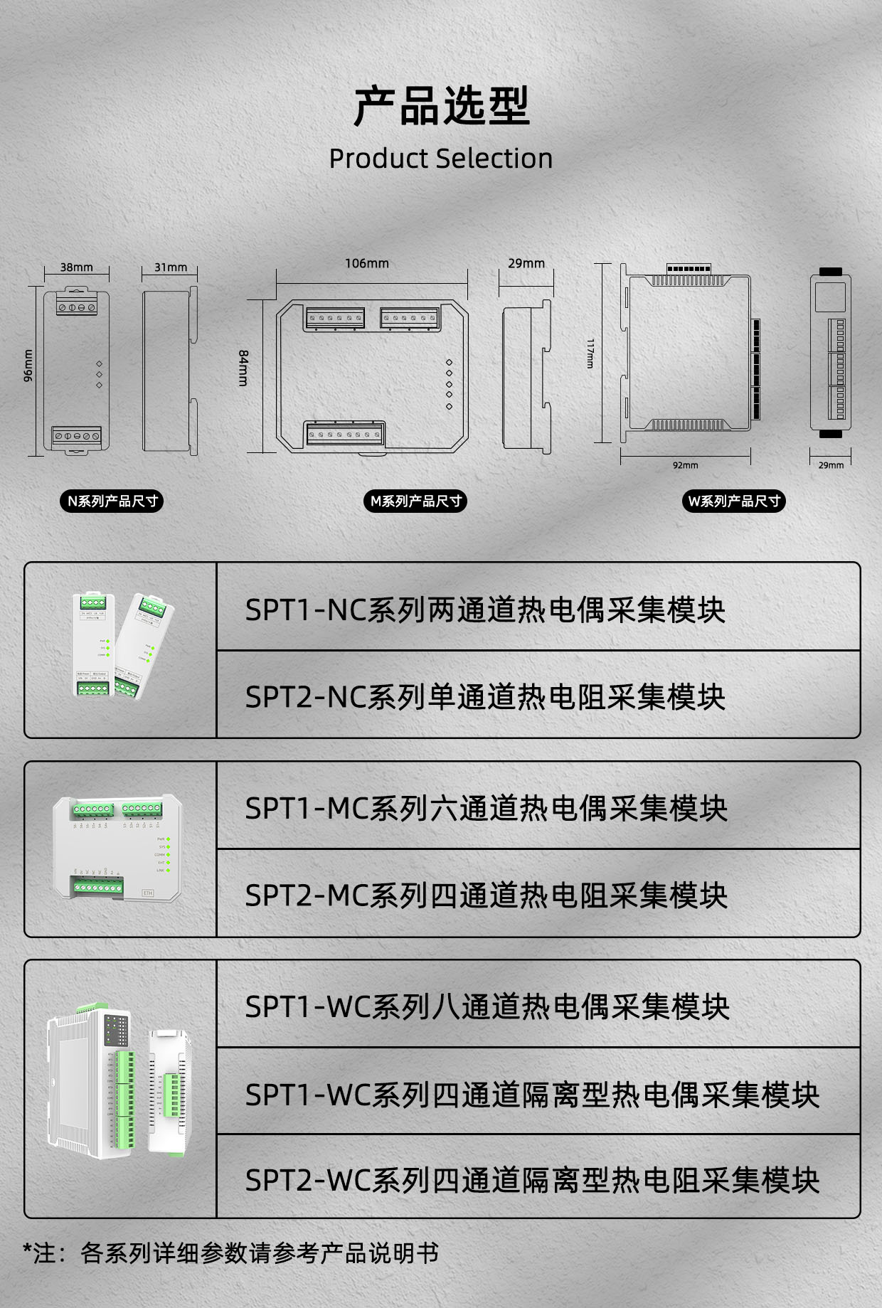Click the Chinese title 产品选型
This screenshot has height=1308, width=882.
click(x=441, y=106)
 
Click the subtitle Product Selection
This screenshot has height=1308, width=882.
click(x=441, y=158)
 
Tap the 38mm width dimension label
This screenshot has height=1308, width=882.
click(x=76, y=267)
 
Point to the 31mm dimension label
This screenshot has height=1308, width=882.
click(x=171, y=267)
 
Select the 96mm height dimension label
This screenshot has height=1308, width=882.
click(x=28, y=366)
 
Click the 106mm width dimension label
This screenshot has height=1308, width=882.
click(x=367, y=263)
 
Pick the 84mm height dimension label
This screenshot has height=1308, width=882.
click(x=243, y=368)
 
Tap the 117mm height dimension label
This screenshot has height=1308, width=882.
click(x=590, y=353)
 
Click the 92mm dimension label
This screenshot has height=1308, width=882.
click(x=686, y=465)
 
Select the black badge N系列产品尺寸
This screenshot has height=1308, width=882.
click(x=112, y=501)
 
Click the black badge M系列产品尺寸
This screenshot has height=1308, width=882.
click(x=415, y=501)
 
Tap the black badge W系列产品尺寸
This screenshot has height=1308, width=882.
click(x=734, y=501)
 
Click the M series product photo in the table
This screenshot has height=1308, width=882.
click(x=117, y=848)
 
